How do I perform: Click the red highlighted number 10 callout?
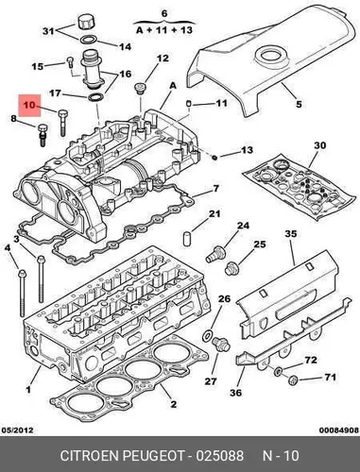pos(29,106)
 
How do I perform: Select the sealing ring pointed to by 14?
pos(89,40)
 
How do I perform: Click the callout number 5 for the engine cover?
pos(299,104)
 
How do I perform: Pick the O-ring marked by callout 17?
pos(95,97)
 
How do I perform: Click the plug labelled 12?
pos(139,89)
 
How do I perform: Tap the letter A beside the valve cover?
pos(173,86)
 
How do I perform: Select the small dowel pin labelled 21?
pos(187,238)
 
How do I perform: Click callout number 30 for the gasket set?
pos(319,145)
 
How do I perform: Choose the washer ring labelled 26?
pos(207,336)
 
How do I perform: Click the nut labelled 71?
pos(294,380)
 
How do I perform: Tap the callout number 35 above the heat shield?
pos(291,234)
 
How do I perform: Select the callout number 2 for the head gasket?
pos(173,404)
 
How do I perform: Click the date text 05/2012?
pos(17,430)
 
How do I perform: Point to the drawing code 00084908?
pos(339,430)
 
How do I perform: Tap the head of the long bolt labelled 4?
pos(22,274)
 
